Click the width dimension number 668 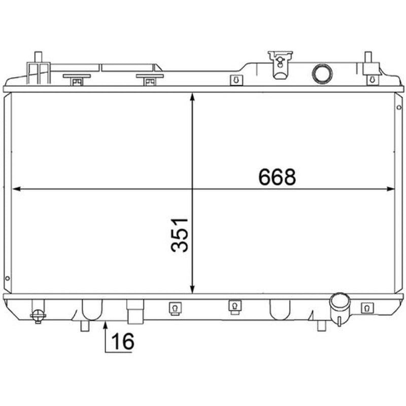tap(277, 177)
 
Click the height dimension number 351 tap(180, 235)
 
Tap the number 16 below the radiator tap(123, 341)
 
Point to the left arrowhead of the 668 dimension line tap(16, 189)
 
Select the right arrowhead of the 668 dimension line tap(390, 189)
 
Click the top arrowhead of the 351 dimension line tap(192, 97)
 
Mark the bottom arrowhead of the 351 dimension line tap(192, 289)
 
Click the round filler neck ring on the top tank tap(322, 74)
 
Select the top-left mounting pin tap(38, 57)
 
